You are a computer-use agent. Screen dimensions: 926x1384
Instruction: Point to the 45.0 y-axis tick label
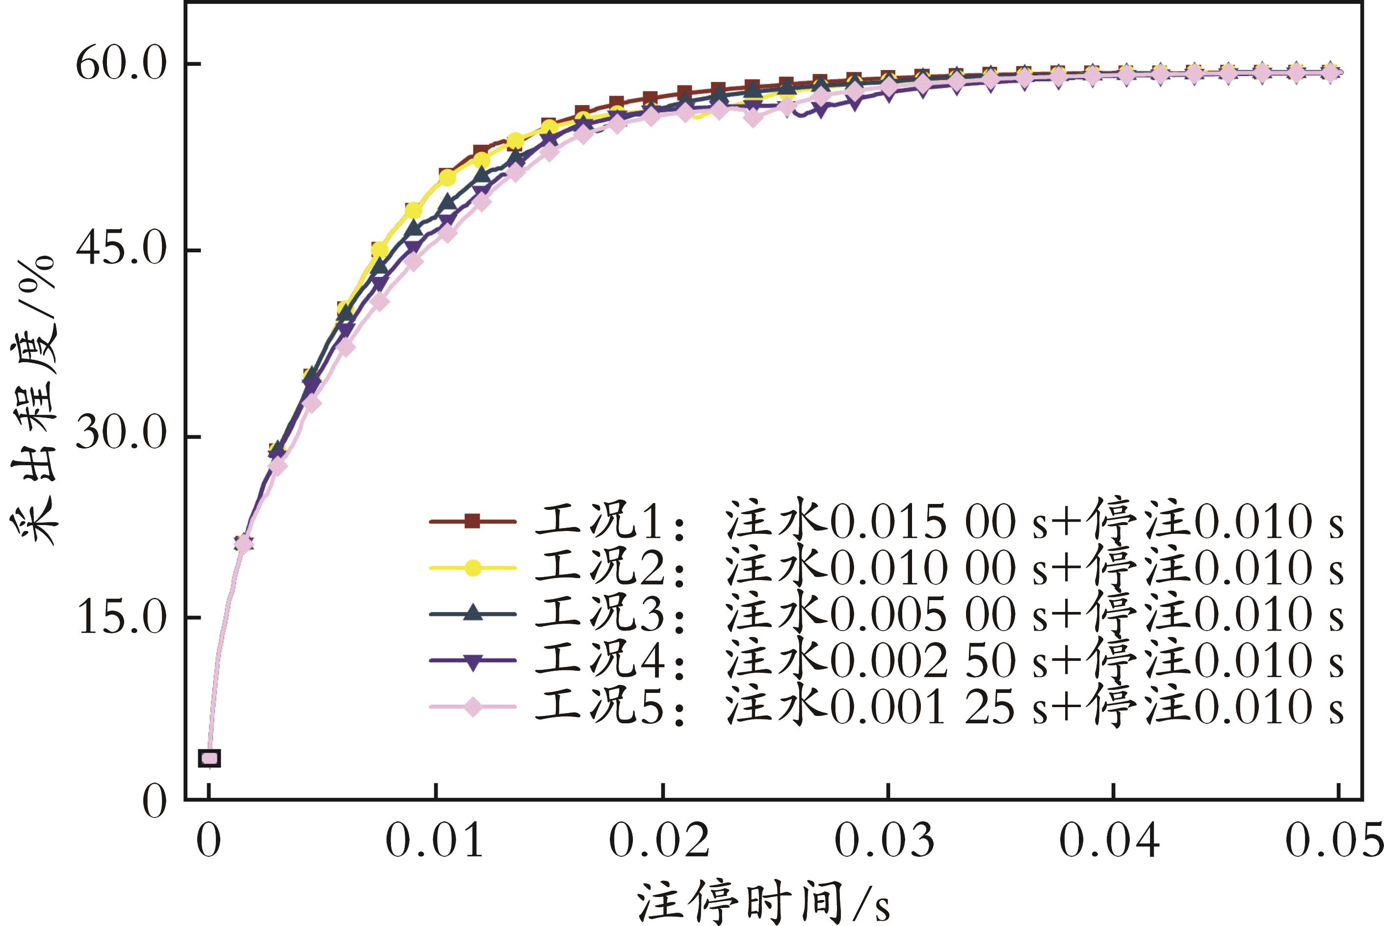(x=121, y=250)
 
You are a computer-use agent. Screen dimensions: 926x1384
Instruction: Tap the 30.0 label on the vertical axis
(x=121, y=436)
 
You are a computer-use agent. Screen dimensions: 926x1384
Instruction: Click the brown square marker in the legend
(x=472, y=522)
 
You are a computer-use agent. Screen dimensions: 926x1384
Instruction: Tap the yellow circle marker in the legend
(x=472, y=568)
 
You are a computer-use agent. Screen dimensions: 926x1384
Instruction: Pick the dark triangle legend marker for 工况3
(x=472, y=614)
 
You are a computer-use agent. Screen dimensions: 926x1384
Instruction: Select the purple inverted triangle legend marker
(x=472, y=661)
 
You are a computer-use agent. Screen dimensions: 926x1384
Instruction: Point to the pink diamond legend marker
(x=472, y=707)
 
